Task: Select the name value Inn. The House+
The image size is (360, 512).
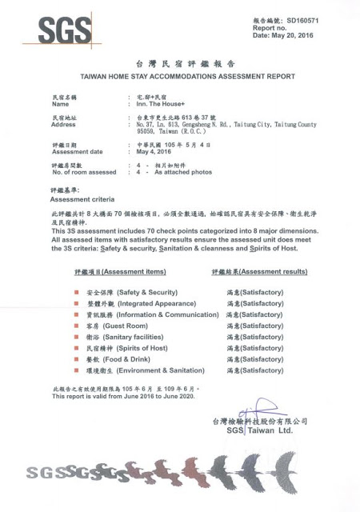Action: [159, 103]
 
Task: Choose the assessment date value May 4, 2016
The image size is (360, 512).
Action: [154, 150]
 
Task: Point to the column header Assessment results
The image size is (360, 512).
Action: [259, 272]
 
